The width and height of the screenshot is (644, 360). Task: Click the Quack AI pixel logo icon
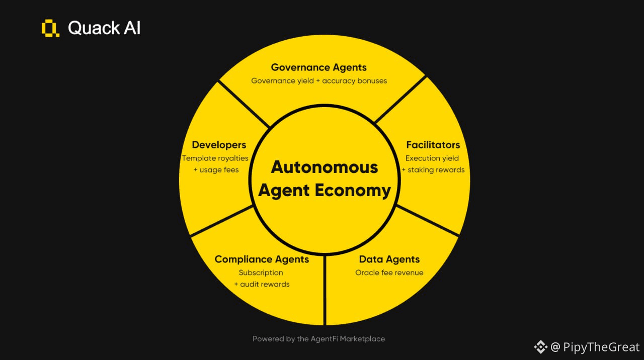[50, 28]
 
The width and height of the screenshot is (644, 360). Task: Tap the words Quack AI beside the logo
[104, 28]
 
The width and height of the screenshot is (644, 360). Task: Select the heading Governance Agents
[319, 67]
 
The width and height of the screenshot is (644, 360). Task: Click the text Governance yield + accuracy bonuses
[319, 80]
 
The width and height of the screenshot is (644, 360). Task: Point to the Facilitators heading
[433, 145]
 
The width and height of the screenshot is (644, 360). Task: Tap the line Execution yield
[432, 158]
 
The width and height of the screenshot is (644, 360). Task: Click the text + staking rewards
[433, 170]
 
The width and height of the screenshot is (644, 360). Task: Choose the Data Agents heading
[389, 259]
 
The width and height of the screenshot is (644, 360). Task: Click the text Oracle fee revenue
[389, 273]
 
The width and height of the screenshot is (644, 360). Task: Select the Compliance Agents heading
[262, 259]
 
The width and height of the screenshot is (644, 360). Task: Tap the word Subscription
[261, 273]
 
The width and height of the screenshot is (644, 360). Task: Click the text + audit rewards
[262, 285]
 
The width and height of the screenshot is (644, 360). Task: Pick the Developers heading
[219, 145]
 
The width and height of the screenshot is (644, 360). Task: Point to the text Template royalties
[215, 158]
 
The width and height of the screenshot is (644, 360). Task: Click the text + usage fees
[216, 170]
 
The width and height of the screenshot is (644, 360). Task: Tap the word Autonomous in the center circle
[325, 167]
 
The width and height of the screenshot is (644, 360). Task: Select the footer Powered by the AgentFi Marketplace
[319, 339]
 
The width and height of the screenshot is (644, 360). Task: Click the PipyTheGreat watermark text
[601, 347]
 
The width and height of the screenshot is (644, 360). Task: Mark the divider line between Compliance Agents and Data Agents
[325, 292]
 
